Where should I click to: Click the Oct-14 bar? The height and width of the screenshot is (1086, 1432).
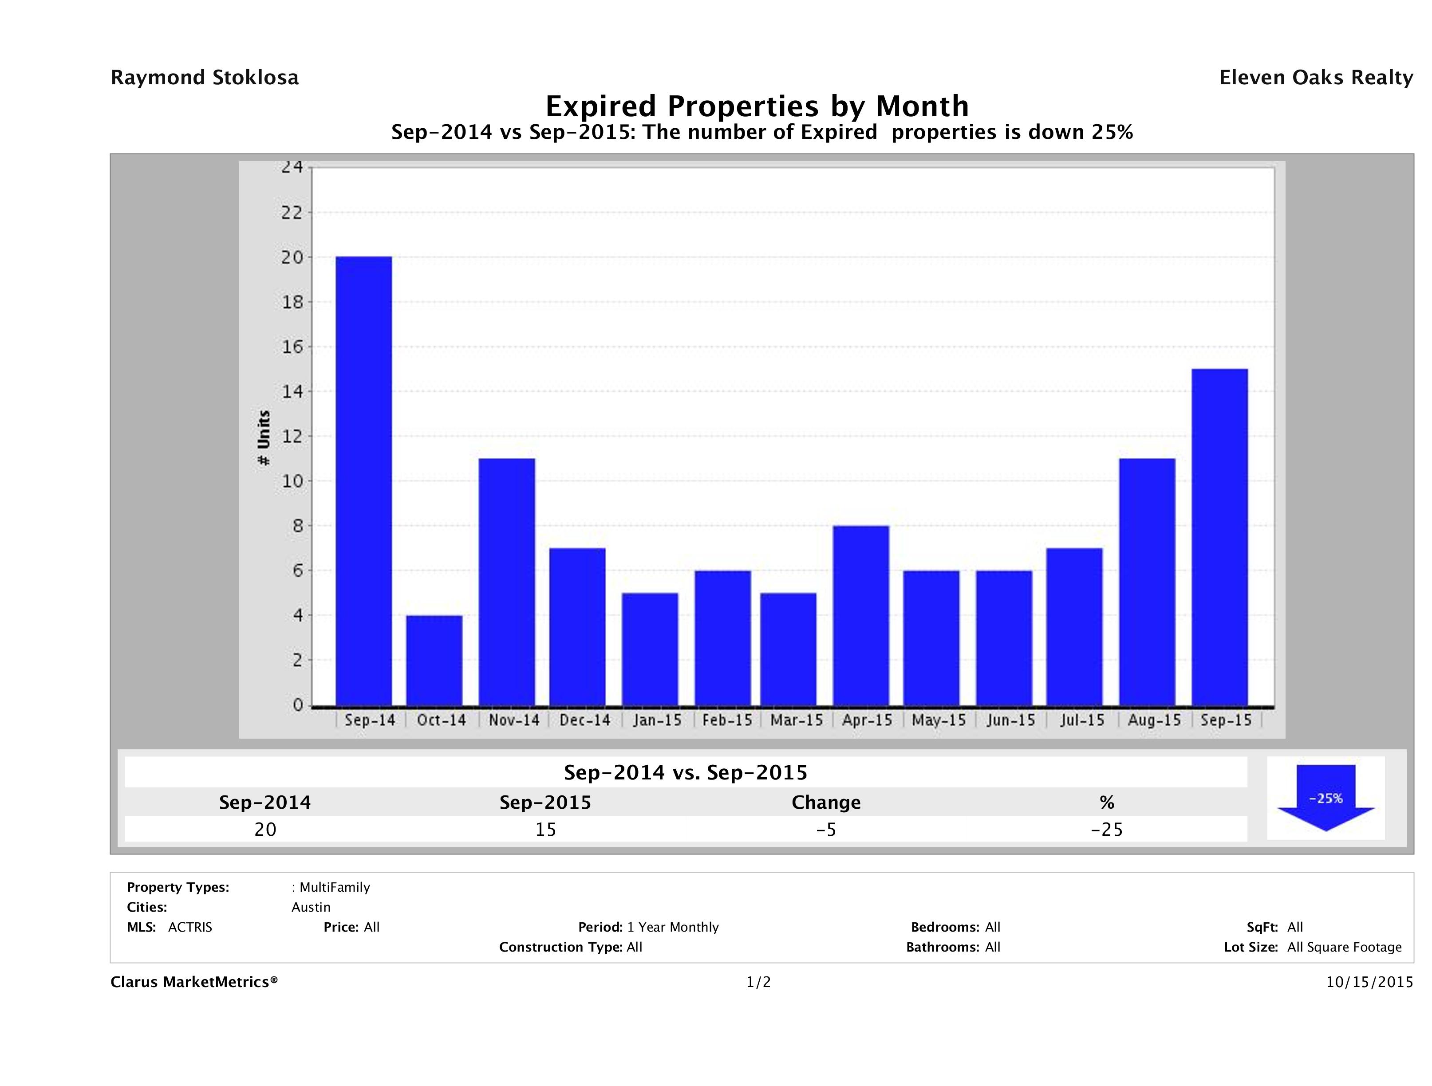coord(434,660)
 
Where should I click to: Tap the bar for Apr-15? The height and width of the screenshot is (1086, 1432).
coord(861,615)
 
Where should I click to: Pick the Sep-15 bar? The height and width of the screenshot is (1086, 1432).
coord(1219,537)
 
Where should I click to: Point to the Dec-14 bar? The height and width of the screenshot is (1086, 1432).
coord(577,626)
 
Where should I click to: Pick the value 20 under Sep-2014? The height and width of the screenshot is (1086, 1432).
coord(265,830)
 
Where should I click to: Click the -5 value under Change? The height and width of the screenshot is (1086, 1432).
coord(826,830)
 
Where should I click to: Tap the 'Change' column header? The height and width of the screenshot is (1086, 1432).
coord(826,803)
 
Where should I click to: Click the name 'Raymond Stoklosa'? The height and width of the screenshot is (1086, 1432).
coord(205,78)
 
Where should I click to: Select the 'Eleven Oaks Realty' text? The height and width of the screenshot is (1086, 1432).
coord(1315,78)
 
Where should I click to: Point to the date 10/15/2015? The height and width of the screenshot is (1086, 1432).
coord(1369,982)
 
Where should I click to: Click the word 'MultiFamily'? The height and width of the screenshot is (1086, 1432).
coord(335,887)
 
